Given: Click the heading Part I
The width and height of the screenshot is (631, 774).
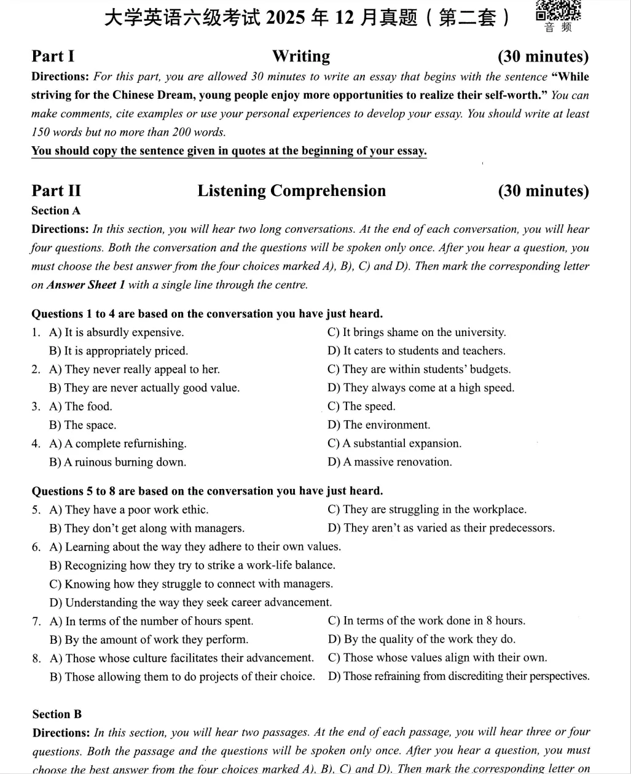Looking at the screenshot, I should [53, 57].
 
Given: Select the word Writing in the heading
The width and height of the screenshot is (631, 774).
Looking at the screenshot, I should [301, 57].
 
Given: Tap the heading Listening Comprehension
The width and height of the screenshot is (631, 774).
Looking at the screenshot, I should [291, 191].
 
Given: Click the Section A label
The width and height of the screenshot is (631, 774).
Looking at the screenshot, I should [56, 211].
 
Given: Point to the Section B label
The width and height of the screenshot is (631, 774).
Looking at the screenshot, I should [57, 714].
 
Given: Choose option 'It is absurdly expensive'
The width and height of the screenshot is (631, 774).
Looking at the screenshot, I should [116, 333].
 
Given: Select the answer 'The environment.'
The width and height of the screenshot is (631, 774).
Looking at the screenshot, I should [379, 425].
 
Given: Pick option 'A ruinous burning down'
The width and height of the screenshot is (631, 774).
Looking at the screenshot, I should [117, 463].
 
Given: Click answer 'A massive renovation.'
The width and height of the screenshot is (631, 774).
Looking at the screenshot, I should [390, 462].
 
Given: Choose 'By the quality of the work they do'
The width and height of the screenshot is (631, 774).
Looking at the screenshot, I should [421, 639].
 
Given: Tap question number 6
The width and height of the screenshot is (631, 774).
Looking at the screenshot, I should [36, 547].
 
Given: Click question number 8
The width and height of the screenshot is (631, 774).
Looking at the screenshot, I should [36, 659].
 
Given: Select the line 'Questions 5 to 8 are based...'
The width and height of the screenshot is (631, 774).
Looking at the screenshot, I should [207, 491].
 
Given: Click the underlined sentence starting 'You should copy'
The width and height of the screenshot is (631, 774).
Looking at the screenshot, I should [229, 151].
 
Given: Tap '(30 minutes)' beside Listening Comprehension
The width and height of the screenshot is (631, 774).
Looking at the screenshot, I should [543, 191].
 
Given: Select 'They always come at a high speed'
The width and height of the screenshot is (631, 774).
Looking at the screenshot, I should [421, 388].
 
